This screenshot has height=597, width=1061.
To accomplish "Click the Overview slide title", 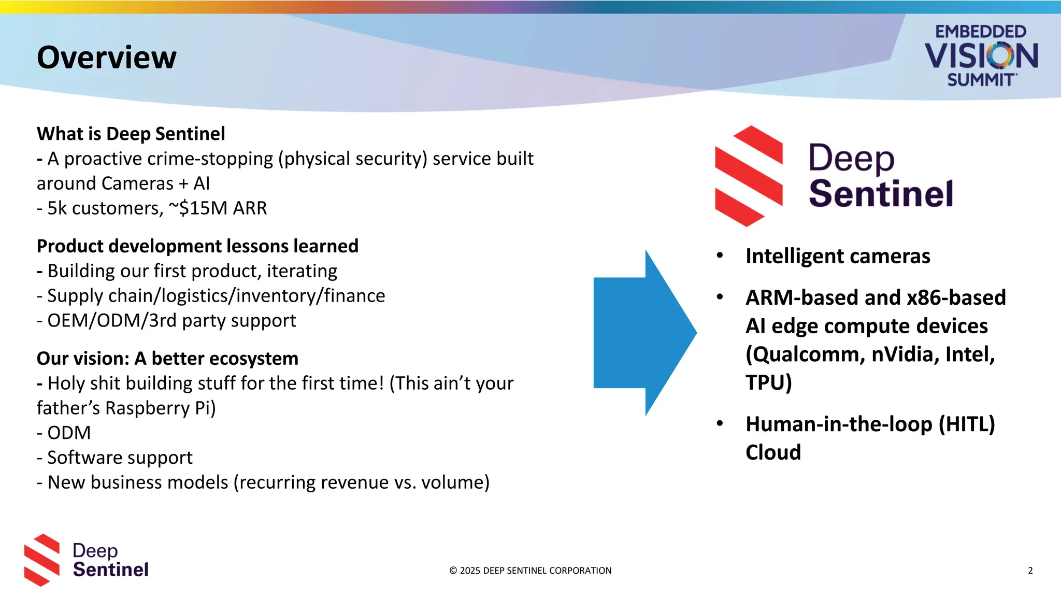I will (x=107, y=57).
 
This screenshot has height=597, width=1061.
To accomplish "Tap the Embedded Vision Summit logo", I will (x=981, y=55).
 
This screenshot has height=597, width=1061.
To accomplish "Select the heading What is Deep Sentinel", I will (x=131, y=134).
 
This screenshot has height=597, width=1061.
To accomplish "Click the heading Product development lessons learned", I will (x=197, y=246).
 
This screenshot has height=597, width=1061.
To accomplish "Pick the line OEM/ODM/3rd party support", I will (x=166, y=321).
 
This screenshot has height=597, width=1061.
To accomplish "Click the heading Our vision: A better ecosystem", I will (x=167, y=359).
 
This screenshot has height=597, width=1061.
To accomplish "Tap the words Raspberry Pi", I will (x=160, y=408).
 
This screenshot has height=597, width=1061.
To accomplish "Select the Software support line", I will (x=114, y=458).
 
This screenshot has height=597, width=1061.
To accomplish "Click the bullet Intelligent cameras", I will (x=838, y=257).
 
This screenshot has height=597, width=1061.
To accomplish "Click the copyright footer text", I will (x=530, y=571).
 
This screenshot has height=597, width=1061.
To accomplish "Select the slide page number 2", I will (x=1030, y=571).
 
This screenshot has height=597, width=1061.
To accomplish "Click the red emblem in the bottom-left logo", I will (x=42, y=560).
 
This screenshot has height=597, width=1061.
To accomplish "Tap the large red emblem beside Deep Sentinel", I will (x=749, y=176).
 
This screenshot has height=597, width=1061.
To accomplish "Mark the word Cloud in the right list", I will (x=773, y=453).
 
